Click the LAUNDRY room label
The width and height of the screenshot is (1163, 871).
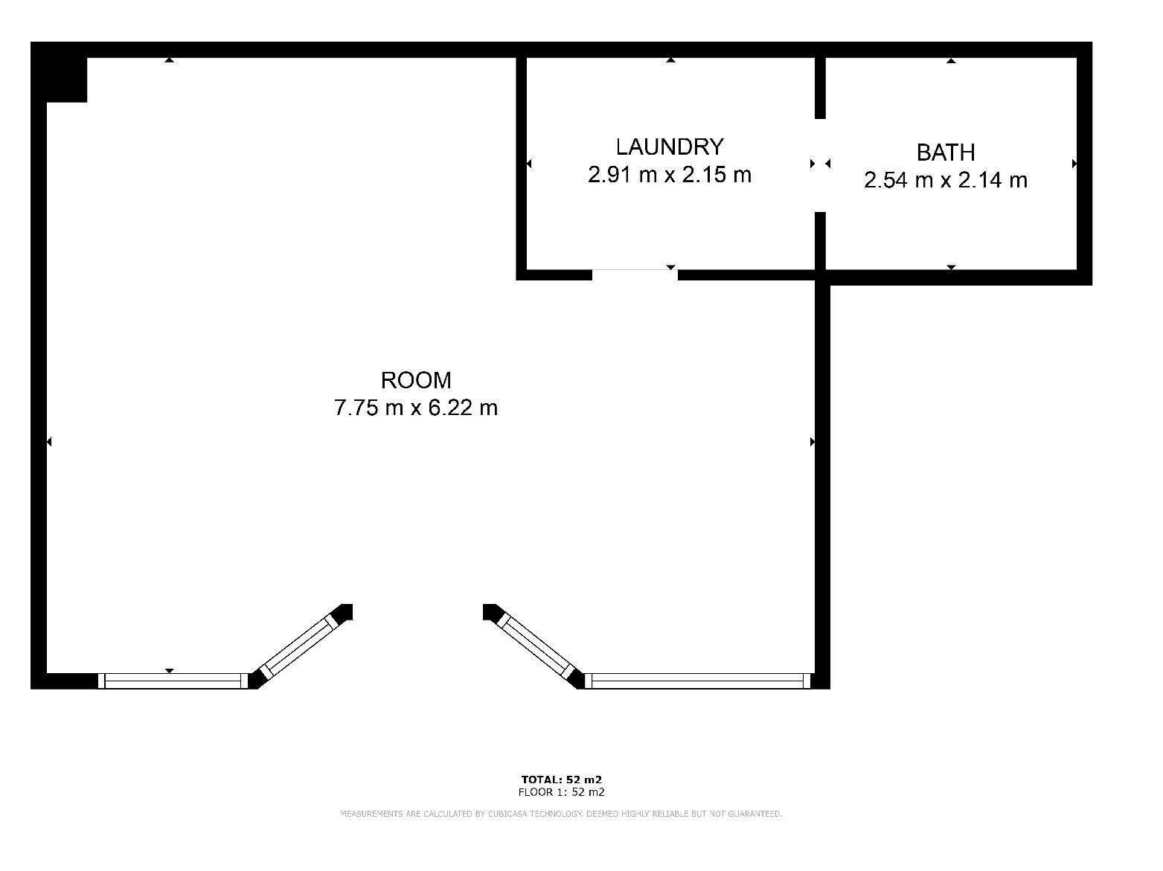click(x=670, y=147)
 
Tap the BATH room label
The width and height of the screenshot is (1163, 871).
click(x=946, y=152)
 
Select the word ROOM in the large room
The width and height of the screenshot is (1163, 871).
click(x=416, y=380)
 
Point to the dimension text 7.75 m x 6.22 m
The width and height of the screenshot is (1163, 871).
click(x=416, y=408)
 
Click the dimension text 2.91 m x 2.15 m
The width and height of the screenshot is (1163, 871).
click(x=670, y=175)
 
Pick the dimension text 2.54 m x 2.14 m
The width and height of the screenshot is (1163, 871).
click(x=946, y=180)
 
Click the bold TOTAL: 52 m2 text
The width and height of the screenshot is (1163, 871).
click(x=562, y=780)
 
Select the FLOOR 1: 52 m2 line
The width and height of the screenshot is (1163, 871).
click(x=562, y=792)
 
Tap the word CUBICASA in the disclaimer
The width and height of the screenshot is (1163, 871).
click(x=507, y=814)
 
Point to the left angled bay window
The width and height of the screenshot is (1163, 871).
click(x=300, y=647)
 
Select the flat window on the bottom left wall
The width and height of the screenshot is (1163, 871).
click(x=173, y=681)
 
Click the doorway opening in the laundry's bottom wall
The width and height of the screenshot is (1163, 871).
click(x=635, y=274)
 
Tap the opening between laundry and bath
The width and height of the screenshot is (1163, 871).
click(x=820, y=165)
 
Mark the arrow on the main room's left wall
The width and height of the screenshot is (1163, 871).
click(x=49, y=442)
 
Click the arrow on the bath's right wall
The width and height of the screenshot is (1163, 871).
click(x=1074, y=164)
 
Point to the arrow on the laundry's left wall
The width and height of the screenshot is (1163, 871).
click(x=529, y=164)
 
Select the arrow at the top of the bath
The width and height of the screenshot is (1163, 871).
click(x=951, y=60)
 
